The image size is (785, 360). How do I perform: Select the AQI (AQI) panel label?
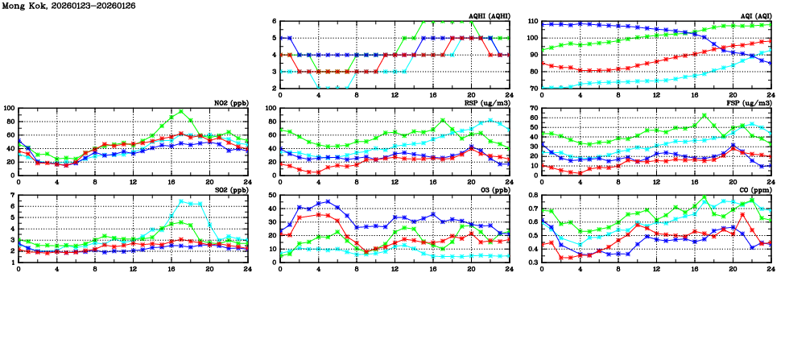(x=754, y=16)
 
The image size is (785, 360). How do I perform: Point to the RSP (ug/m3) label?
(x=490, y=103)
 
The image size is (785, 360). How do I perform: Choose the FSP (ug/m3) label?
(x=752, y=103)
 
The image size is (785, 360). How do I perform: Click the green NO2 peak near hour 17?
(x=181, y=111)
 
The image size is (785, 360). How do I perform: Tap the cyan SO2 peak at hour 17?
(x=181, y=201)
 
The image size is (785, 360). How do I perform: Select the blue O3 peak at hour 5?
(x=328, y=201)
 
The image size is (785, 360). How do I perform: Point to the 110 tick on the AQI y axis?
(x=533, y=21)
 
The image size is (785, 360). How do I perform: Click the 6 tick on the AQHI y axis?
(x=275, y=21)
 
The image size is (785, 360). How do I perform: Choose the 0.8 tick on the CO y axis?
(x=533, y=195)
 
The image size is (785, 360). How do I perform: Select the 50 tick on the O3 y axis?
(x=272, y=195)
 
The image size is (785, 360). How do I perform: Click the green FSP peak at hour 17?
(x=704, y=115)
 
